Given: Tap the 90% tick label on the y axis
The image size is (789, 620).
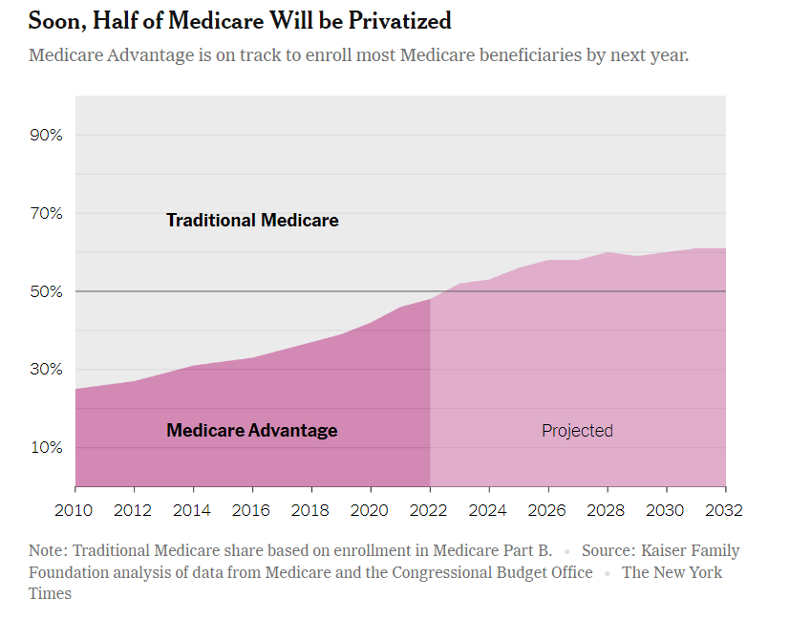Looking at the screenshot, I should pyautogui.click(x=46, y=135).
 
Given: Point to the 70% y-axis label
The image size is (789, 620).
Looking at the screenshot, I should pyautogui.click(x=46, y=213).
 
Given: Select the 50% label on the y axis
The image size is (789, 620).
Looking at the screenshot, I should pyautogui.click(x=46, y=291).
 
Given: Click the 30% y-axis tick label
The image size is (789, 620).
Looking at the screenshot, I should pyautogui.click(x=46, y=370).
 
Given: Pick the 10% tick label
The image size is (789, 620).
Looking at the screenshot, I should pyautogui.click(x=46, y=447).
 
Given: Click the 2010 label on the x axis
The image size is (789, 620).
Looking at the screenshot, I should pyautogui.click(x=75, y=510).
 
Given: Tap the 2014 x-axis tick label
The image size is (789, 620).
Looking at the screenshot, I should pyautogui.click(x=194, y=510).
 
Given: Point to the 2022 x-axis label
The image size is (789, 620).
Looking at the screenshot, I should pyautogui.click(x=431, y=510).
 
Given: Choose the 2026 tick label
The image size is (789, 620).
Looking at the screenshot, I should pyautogui.click(x=548, y=510).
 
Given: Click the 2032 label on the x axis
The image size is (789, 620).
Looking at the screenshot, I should pyautogui.click(x=724, y=510).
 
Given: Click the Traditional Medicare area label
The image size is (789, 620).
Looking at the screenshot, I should pyautogui.click(x=252, y=221).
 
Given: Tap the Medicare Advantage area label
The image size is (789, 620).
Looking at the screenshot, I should pyautogui.click(x=252, y=431).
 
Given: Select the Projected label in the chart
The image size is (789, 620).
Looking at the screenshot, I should pyautogui.click(x=577, y=431).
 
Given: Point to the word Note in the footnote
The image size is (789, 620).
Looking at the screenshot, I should pyautogui.click(x=47, y=551).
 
